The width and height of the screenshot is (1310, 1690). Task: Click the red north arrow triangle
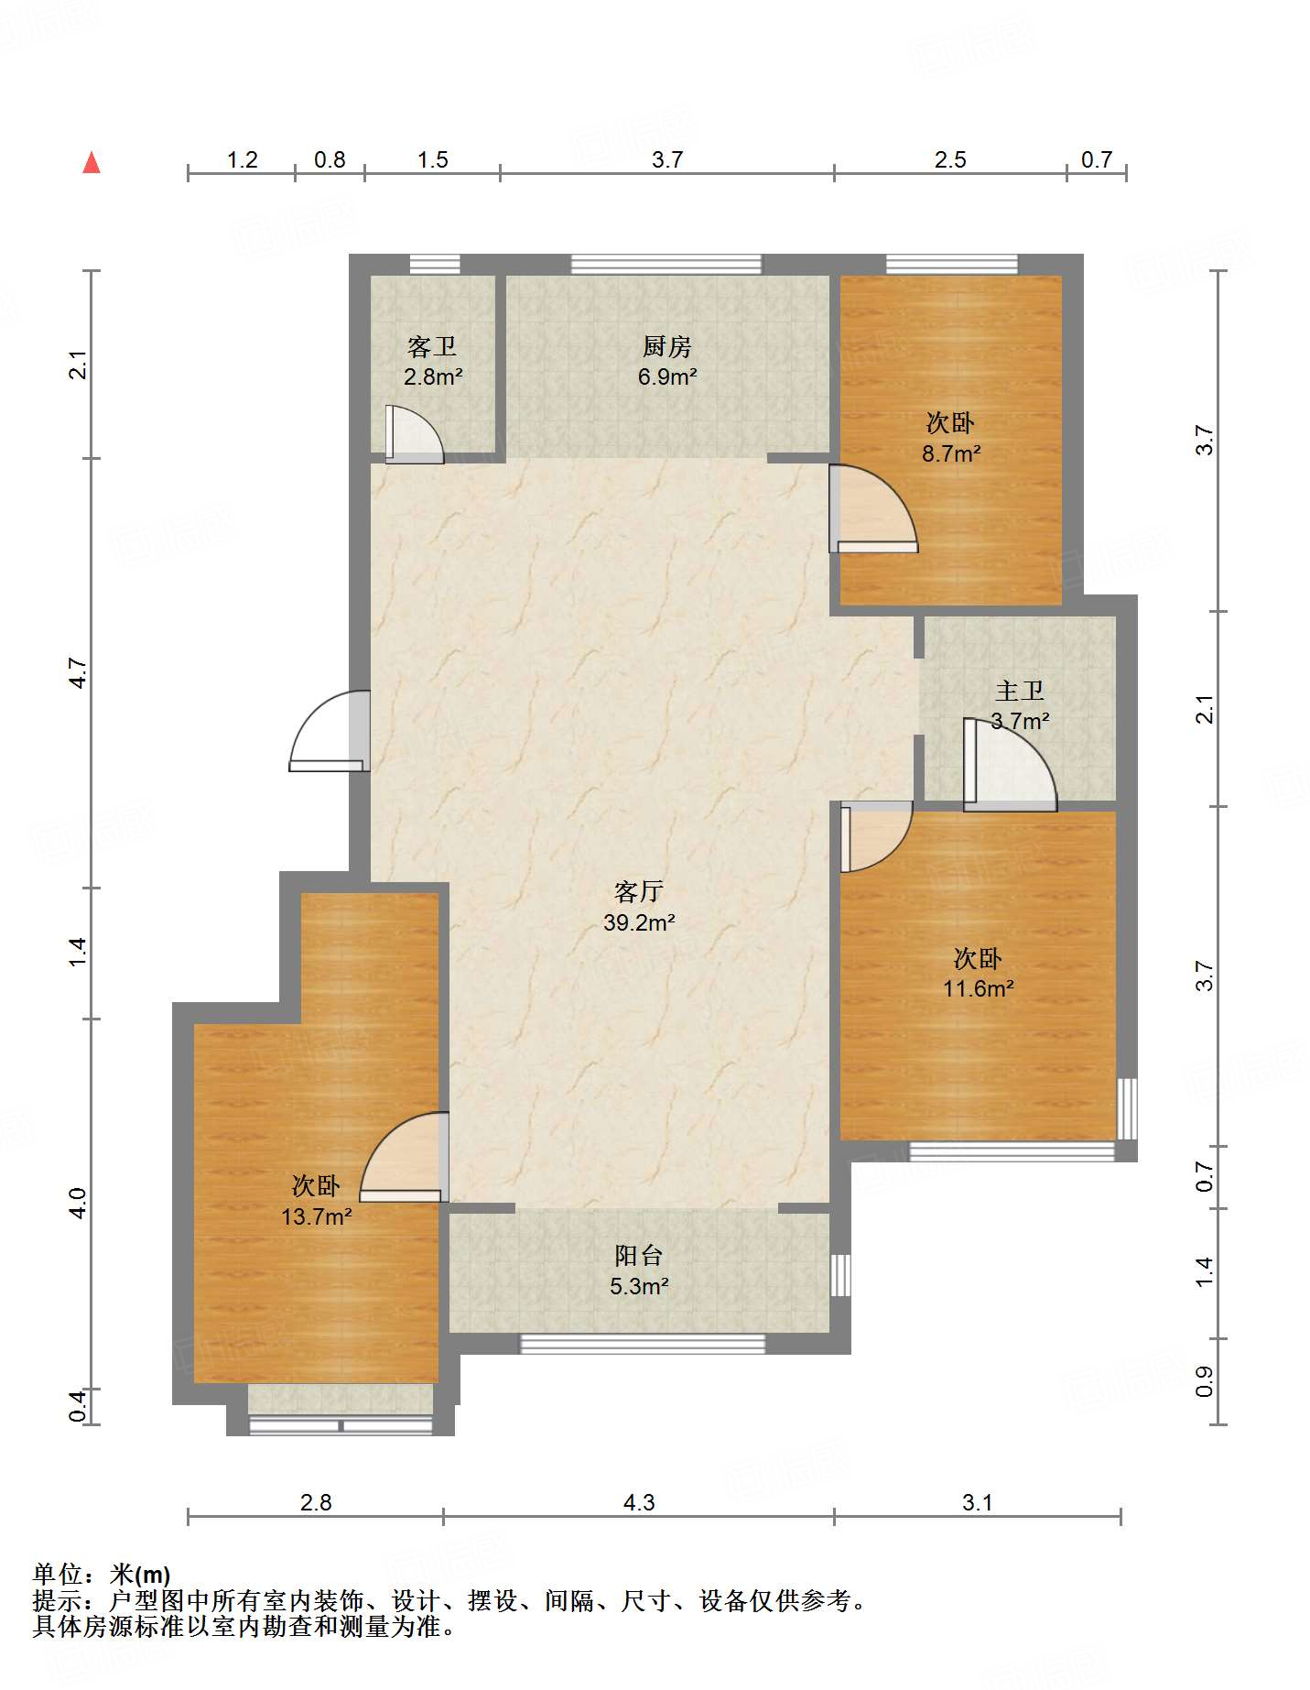(x=92, y=162)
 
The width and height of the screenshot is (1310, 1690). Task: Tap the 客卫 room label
(x=432, y=346)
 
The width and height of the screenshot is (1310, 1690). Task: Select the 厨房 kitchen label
(x=666, y=346)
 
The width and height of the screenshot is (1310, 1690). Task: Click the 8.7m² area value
(x=951, y=453)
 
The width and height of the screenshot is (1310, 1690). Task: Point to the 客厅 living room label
(x=639, y=891)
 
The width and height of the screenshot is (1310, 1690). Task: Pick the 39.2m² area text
(x=639, y=922)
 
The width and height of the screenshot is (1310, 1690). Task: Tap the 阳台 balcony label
(x=639, y=1255)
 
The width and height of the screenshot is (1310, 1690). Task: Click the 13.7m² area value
(x=317, y=1216)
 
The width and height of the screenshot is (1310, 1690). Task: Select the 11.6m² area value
(x=979, y=988)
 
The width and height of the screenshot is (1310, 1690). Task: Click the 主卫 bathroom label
(x=1020, y=690)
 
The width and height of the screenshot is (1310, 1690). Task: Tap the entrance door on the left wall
(x=330, y=731)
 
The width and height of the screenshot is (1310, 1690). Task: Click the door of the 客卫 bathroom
(x=415, y=434)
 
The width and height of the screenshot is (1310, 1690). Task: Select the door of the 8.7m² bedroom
(x=873, y=509)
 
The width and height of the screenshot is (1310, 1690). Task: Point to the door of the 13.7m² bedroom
(x=404, y=1157)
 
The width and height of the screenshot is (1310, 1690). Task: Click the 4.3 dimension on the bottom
(x=639, y=1502)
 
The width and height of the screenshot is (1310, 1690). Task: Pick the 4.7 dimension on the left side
(x=79, y=673)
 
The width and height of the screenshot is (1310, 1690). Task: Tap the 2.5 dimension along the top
(x=950, y=159)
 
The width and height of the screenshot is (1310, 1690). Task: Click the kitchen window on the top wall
(x=666, y=265)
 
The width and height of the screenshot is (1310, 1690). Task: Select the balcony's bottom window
(x=643, y=1344)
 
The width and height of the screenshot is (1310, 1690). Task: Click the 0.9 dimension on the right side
(x=1205, y=1381)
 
